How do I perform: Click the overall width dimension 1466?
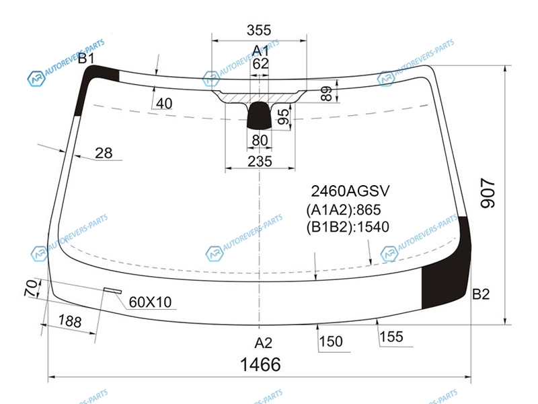260,364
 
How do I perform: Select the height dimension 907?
488,193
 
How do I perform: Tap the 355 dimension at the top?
259,30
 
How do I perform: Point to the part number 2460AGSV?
350,191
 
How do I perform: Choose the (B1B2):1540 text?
348,227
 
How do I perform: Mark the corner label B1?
86,59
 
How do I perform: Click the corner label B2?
481,294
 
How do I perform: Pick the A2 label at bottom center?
263,343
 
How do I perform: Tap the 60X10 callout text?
150,302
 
